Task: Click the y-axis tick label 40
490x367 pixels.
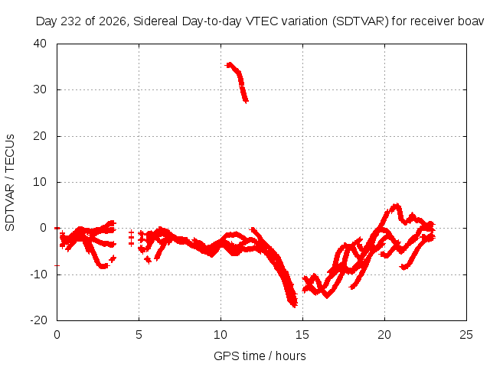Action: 40,44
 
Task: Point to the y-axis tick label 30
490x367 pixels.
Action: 40,89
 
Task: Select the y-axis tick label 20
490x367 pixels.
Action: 40,136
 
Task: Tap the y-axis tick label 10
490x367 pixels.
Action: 40,182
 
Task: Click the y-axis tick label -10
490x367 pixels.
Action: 38,274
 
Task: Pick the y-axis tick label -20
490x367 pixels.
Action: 38,320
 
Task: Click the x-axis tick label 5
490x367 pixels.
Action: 139,335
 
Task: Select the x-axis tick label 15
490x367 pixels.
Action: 302,335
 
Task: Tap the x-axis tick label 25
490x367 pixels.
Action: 466,335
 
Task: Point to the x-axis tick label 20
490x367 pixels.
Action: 384,335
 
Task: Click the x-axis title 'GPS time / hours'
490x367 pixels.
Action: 260,356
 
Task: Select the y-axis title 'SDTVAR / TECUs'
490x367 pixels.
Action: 10,183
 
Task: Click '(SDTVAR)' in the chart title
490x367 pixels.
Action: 361,21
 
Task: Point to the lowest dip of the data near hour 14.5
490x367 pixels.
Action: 294,304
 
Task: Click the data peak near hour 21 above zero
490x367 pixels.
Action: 397,206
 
